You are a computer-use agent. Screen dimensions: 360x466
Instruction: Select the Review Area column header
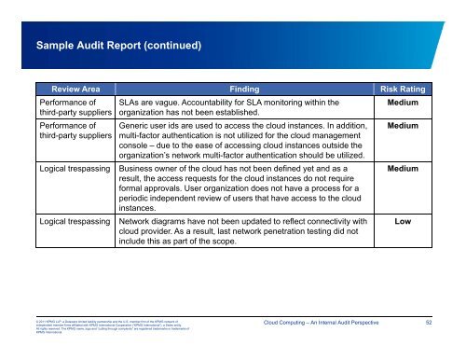pos(68,88)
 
